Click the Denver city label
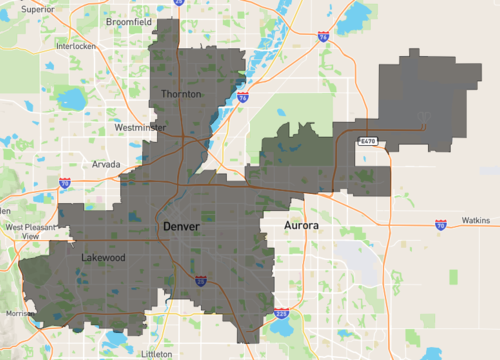coord(181,227)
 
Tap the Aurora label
coord(302,227)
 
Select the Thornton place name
coord(181,94)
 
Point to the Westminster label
coord(141,128)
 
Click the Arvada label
coord(107,163)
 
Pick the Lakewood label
coord(102,257)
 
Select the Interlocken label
coord(75,46)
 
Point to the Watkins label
coord(475,220)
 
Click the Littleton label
coord(157,354)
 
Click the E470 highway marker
coord(367,142)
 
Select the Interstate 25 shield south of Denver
coord(200,281)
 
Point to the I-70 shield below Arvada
coord(64,183)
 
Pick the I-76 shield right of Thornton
coord(243,98)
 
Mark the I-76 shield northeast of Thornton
coord(322,36)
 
